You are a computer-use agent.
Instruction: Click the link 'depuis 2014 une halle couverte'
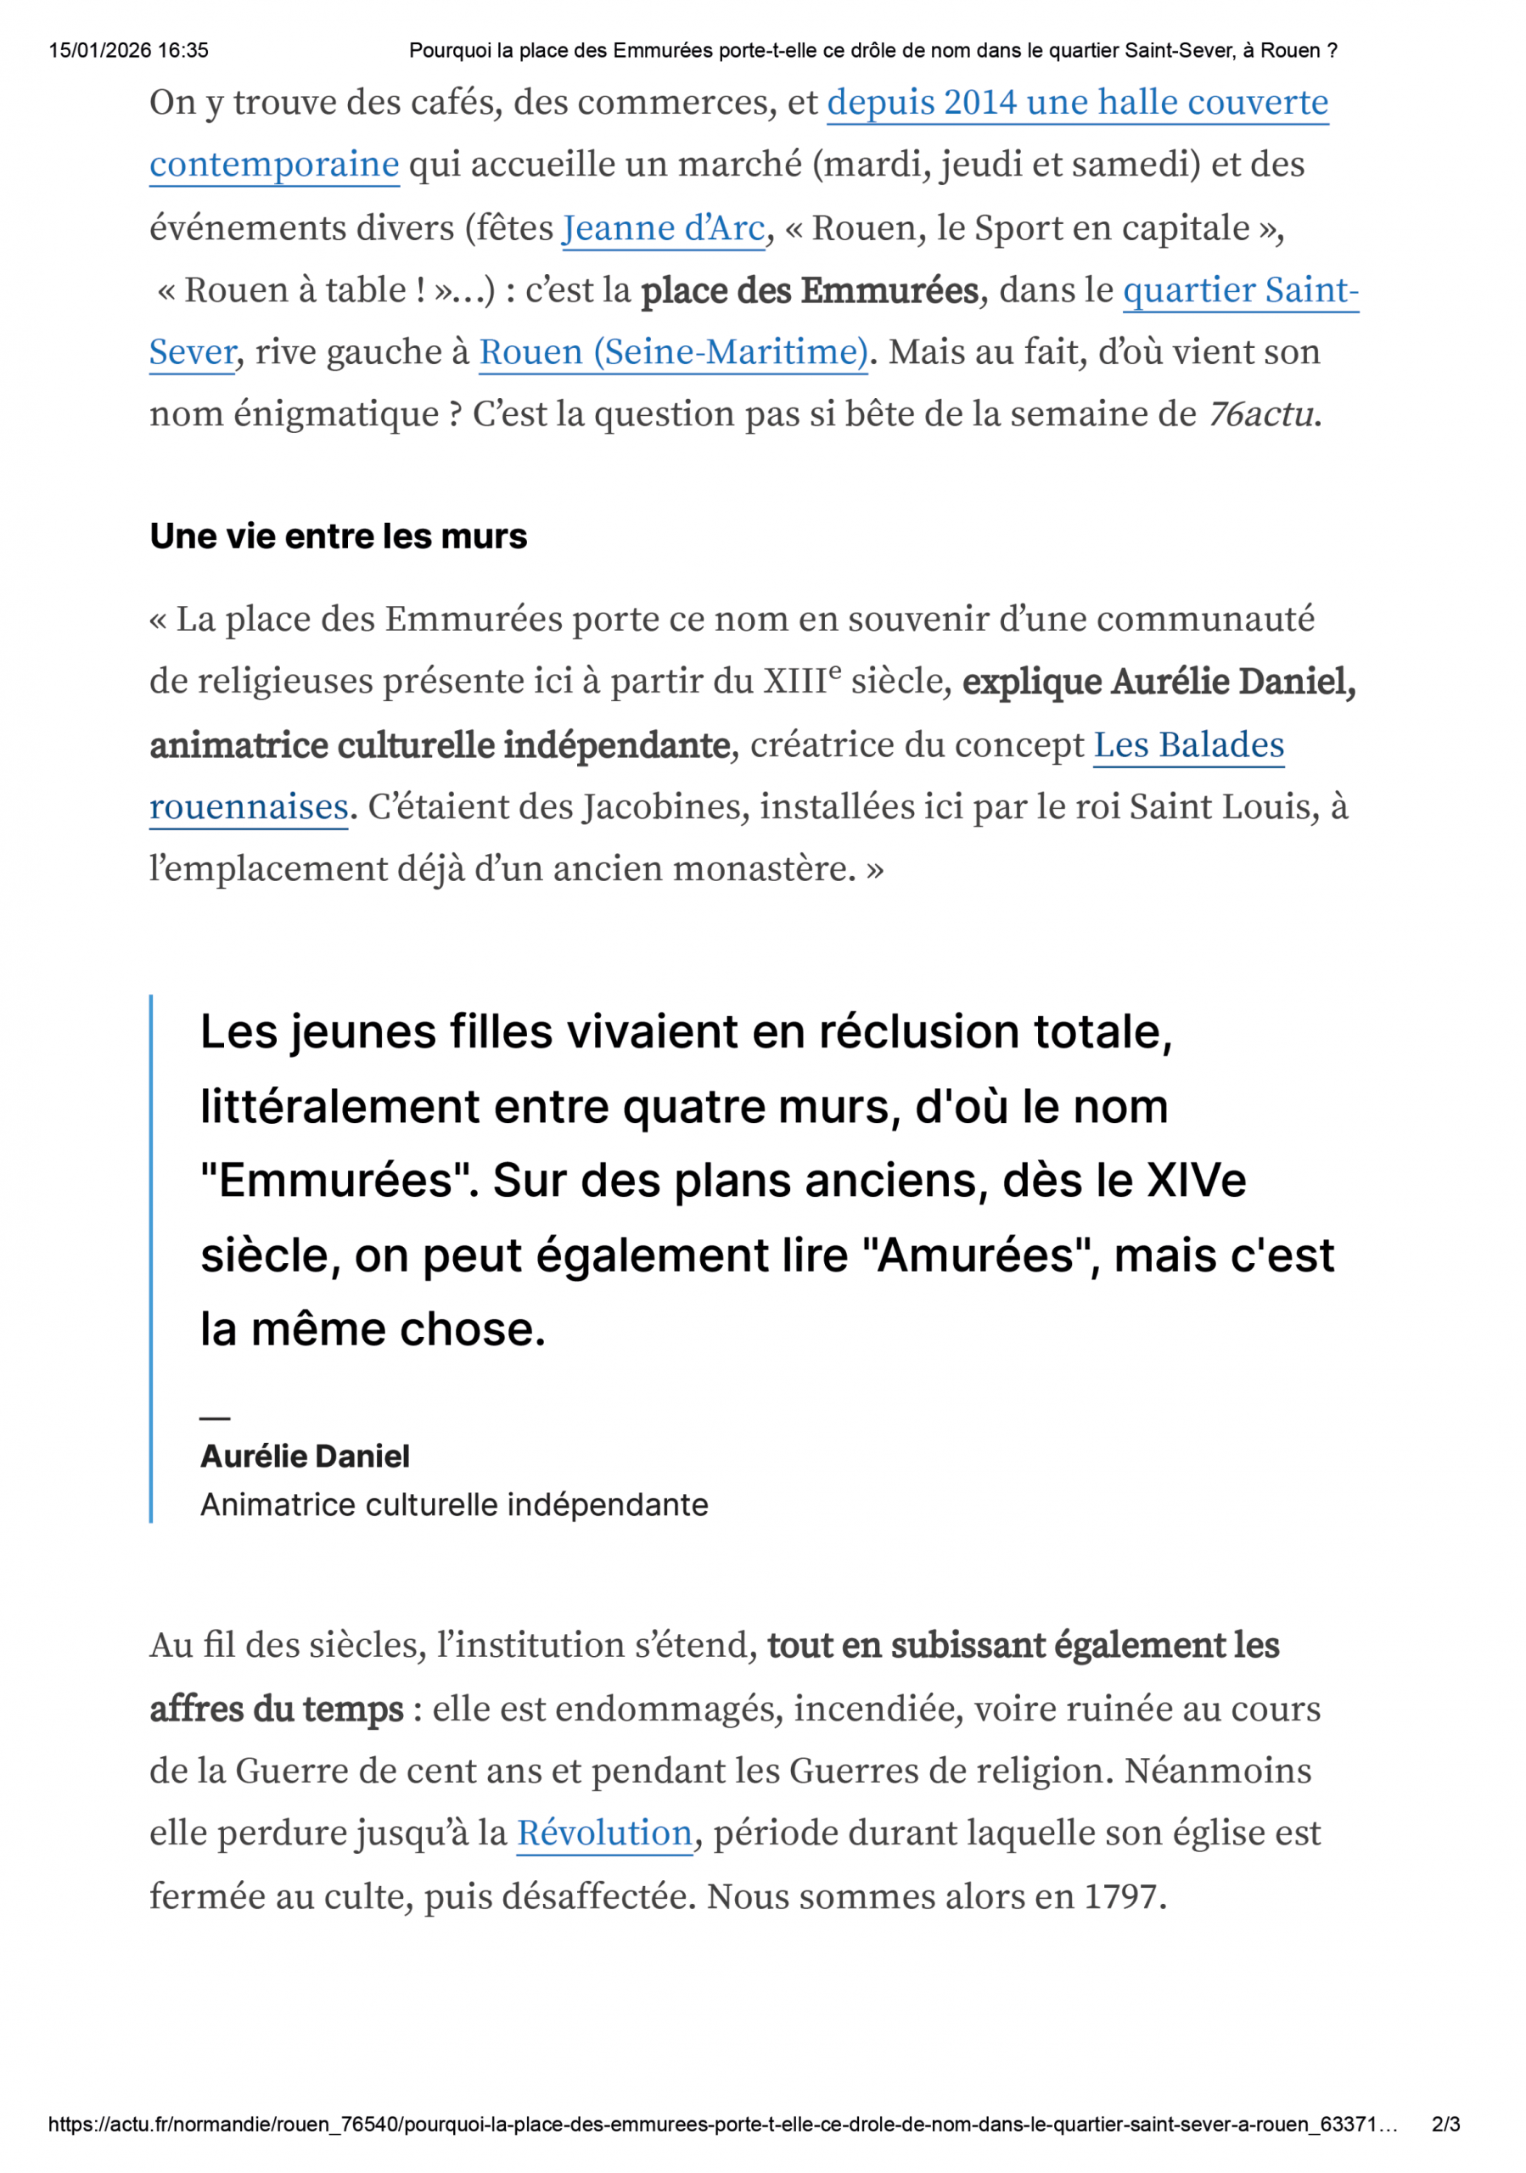1077,102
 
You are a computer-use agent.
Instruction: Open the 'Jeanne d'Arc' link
662,228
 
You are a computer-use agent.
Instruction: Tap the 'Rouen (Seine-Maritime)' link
673,352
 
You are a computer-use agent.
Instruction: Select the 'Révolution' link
603,1833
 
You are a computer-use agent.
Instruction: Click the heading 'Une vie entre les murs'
338,536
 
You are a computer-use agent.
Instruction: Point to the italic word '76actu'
1261,414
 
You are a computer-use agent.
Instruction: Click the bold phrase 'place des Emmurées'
809,290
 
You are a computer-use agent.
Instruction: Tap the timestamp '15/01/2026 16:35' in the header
129,50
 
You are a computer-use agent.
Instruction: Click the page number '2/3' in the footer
1445,2124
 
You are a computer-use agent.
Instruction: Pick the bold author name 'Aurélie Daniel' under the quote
305,1456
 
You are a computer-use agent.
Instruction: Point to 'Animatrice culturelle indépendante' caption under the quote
454,1505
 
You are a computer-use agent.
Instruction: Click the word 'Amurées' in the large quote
981,1256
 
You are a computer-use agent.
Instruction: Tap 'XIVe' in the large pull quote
1196,1181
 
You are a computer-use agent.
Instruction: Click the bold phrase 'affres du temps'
276,1710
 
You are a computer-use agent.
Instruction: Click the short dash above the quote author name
215,1418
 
